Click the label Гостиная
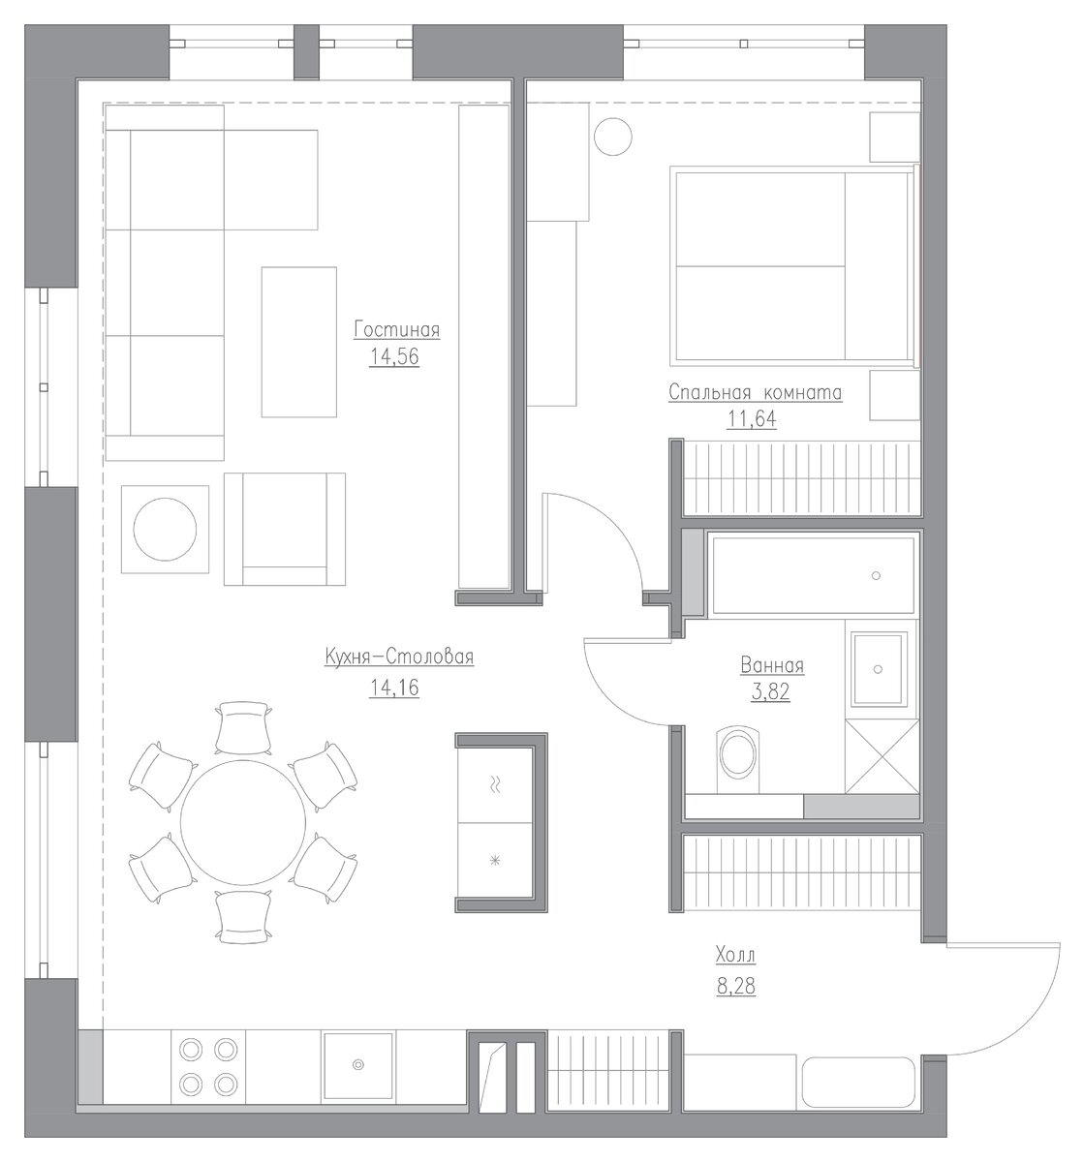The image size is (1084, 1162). tap(396, 329)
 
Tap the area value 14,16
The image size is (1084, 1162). tap(394, 688)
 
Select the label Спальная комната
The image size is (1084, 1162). tap(755, 392)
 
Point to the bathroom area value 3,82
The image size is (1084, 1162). tap(770, 691)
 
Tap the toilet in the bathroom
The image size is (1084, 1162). tap(738, 759)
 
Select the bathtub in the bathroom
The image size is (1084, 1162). tap(813, 574)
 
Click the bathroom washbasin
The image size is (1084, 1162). tap(878, 669)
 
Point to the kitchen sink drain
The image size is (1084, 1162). tap(358, 1063)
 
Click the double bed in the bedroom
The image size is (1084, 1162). tap(794, 267)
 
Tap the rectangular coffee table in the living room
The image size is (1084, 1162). tap(298, 342)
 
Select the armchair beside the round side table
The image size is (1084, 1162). tap(285, 529)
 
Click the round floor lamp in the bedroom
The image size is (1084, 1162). tap(612, 137)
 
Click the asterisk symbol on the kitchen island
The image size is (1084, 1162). tap(495, 860)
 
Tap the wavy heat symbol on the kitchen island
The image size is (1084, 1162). tap(495, 784)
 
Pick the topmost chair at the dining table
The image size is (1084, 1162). tap(243, 727)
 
